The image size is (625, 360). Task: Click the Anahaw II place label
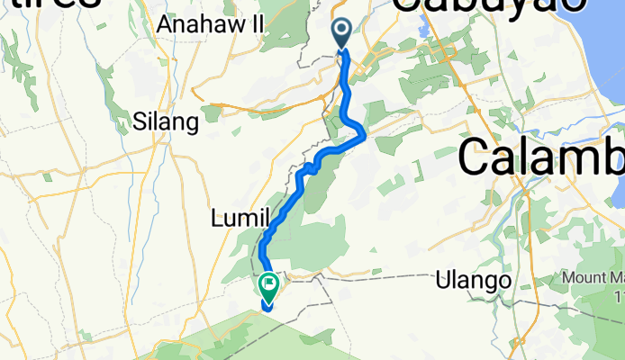[x=209, y=25]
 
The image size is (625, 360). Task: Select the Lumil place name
[x=240, y=218]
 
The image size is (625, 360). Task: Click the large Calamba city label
[x=540, y=159]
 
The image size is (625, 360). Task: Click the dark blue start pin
[x=342, y=34]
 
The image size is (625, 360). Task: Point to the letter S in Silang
[x=139, y=122]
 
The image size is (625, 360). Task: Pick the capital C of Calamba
[x=476, y=159]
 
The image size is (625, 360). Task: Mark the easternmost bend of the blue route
[x=363, y=135]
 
